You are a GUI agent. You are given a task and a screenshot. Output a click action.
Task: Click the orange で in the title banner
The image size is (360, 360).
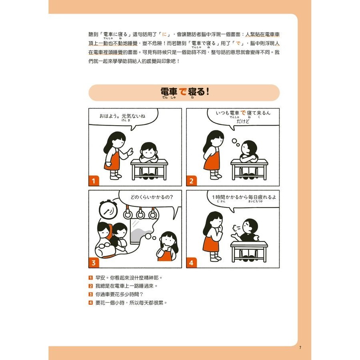[182, 92]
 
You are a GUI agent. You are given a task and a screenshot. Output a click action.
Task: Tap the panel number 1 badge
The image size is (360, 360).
[94, 181]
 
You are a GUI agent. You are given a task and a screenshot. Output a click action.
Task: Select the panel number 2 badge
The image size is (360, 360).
[192, 181]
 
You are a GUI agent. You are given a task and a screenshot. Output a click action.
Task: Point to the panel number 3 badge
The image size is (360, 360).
[94, 263]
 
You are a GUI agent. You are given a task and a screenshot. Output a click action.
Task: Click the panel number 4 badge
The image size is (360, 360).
[192, 263]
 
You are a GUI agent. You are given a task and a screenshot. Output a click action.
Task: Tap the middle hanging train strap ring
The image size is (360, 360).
[140, 213]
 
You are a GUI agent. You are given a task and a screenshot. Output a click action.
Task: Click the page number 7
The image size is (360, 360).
[300, 348]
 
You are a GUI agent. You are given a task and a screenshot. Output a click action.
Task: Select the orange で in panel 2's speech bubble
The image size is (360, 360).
[243, 113]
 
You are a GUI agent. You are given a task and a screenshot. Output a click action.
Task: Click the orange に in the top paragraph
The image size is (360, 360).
[164, 34]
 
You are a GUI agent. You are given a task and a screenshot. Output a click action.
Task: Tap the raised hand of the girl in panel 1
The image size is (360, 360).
[130, 152]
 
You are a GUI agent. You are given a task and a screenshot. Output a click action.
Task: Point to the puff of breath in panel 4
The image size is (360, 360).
[236, 228]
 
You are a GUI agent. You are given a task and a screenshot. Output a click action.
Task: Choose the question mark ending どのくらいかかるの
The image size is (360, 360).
[171, 197]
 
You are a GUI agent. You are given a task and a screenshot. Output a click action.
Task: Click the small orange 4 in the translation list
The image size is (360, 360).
[91, 303]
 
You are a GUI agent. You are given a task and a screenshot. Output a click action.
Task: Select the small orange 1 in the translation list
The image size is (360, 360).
[91, 278]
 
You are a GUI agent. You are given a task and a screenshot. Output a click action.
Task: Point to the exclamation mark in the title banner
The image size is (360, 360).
[208, 91]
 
